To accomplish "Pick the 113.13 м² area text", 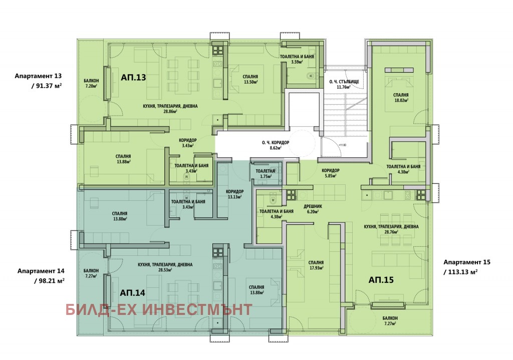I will coord(460,272).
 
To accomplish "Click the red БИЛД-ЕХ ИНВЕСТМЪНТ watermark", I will coord(158,309).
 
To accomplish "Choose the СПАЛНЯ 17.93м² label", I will coord(316,265).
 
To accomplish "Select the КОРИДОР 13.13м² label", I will coord(234,194).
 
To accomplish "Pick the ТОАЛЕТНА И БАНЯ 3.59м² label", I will coord(300,59).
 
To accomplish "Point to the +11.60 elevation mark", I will coord(343,145).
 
